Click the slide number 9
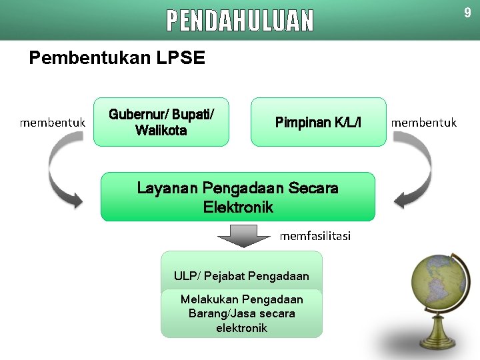point(467,13)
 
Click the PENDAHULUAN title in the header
point(240,21)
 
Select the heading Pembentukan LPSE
point(117,58)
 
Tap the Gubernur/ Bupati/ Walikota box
point(161,122)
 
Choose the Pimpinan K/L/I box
point(319,122)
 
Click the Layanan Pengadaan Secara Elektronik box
point(238,197)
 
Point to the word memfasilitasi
point(315,236)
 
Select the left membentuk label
point(53,123)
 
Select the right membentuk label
point(424,123)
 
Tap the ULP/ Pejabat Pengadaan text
point(241,275)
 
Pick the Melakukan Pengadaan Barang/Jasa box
point(241,313)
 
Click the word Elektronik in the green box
point(238,207)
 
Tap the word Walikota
point(161,130)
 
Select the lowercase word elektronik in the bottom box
point(241,327)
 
